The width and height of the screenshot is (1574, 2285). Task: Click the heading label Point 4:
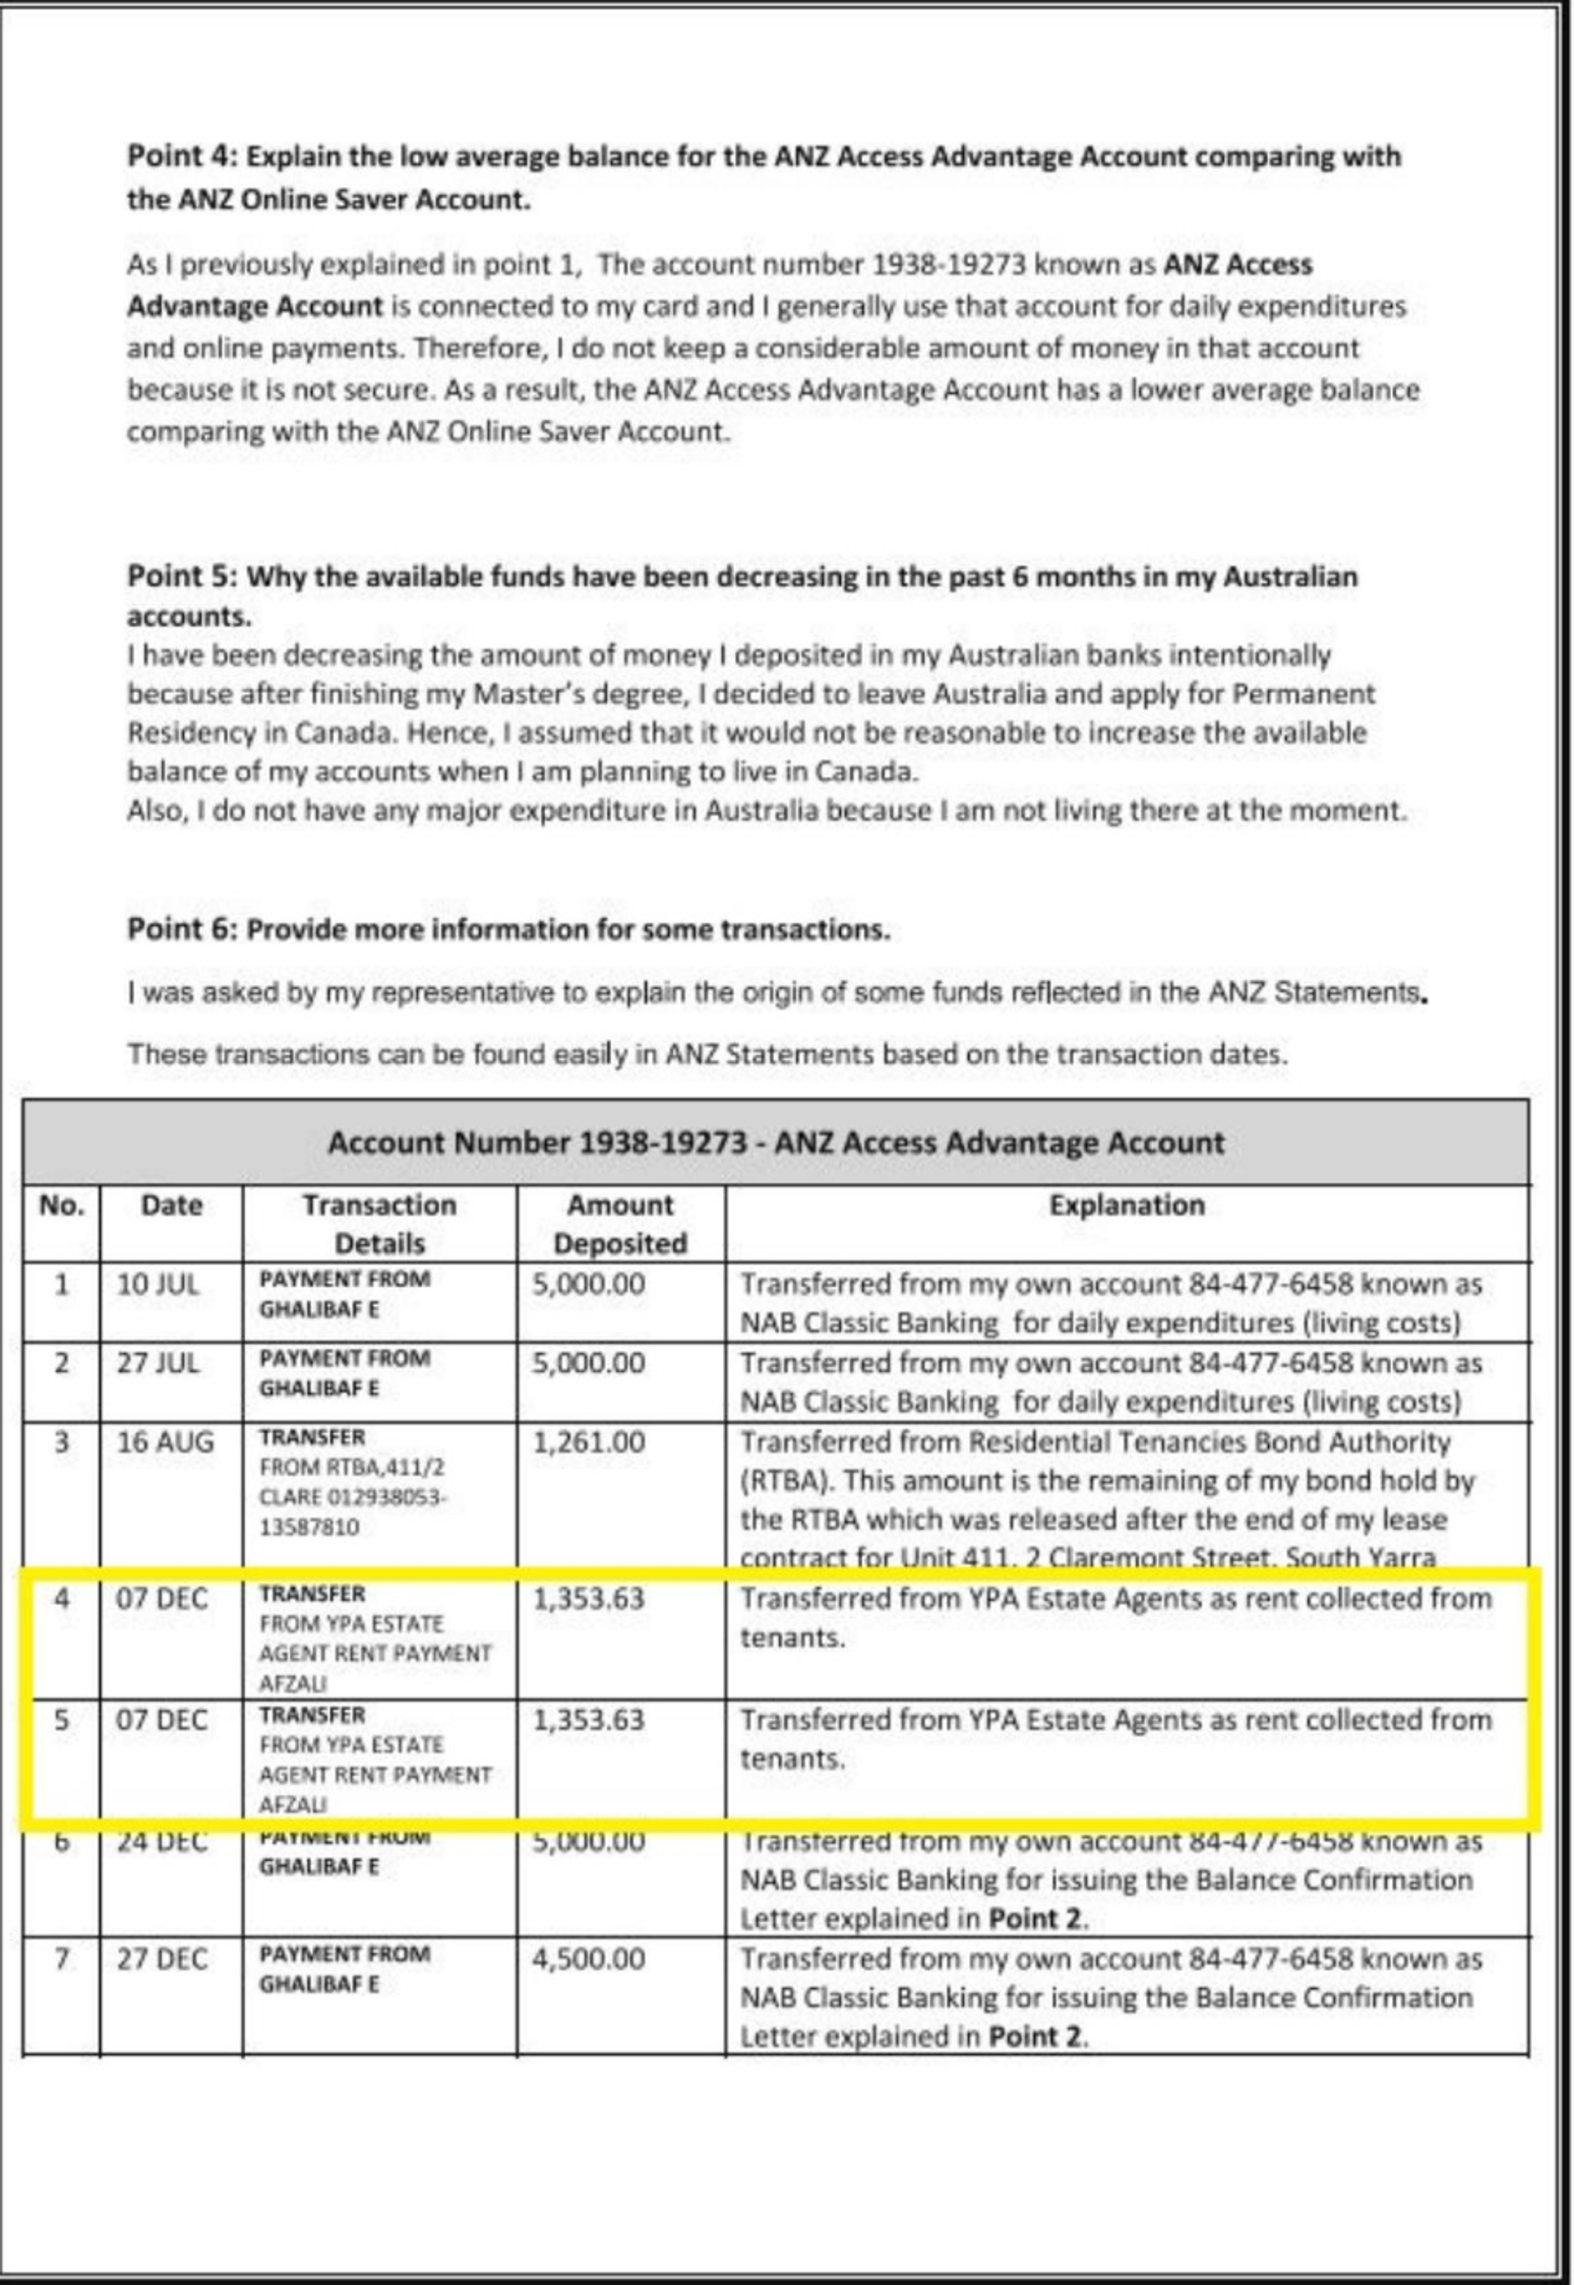coord(181,156)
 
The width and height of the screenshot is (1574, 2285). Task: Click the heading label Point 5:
coord(181,578)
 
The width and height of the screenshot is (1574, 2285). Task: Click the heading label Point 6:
coord(181,930)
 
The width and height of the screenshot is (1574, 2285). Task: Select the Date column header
coord(170,1205)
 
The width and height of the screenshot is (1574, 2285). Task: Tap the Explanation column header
coord(1126,1205)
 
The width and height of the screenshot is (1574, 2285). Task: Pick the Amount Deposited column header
coord(621,1223)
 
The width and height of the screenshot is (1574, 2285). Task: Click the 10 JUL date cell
coord(157,1285)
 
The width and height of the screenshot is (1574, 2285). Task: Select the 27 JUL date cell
coord(157,1365)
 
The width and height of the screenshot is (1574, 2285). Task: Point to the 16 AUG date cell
coord(164,1444)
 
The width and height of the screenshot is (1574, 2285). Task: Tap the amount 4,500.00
coord(588,1959)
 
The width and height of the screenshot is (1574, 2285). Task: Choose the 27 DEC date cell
coord(161,1959)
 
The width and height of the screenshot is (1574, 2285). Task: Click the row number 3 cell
coord(61,1444)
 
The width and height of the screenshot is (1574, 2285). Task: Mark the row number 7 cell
coord(61,1959)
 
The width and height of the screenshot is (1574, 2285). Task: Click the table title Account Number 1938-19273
coord(537,1143)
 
